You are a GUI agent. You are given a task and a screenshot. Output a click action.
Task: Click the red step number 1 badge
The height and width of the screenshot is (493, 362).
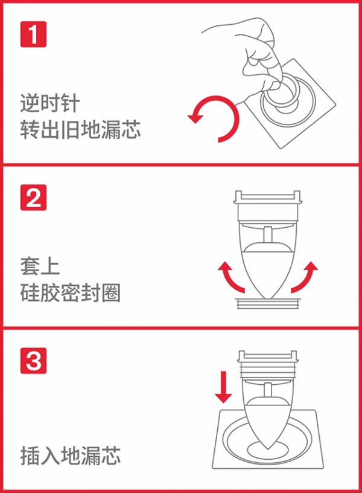click(33, 34)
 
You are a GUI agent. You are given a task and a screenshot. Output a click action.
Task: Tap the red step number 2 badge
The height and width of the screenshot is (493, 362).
click(33, 198)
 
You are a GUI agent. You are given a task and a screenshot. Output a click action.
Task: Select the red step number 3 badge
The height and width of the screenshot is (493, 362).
click(33, 361)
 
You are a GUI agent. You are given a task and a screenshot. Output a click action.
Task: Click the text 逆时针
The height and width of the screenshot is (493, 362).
click(50, 103)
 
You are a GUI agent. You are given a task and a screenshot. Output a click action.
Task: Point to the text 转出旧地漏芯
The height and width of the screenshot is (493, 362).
click(80, 129)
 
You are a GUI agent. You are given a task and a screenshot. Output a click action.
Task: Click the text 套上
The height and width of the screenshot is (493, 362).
click(40, 266)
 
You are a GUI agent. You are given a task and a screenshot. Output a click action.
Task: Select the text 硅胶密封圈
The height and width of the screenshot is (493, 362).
click(71, 293)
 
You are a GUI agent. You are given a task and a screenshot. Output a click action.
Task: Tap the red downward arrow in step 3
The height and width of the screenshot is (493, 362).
click(223, 387)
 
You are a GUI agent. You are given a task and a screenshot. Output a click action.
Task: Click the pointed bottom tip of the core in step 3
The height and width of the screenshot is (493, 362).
click(267, 449)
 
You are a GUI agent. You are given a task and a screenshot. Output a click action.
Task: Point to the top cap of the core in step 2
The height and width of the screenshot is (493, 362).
click(267, 197)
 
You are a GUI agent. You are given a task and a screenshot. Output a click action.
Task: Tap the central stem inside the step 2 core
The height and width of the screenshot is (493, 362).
click(267, 234)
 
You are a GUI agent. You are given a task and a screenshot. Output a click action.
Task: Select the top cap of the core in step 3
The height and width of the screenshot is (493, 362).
click(267, 356)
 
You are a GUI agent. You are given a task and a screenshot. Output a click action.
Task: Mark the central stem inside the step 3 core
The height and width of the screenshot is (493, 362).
click(267, 390)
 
